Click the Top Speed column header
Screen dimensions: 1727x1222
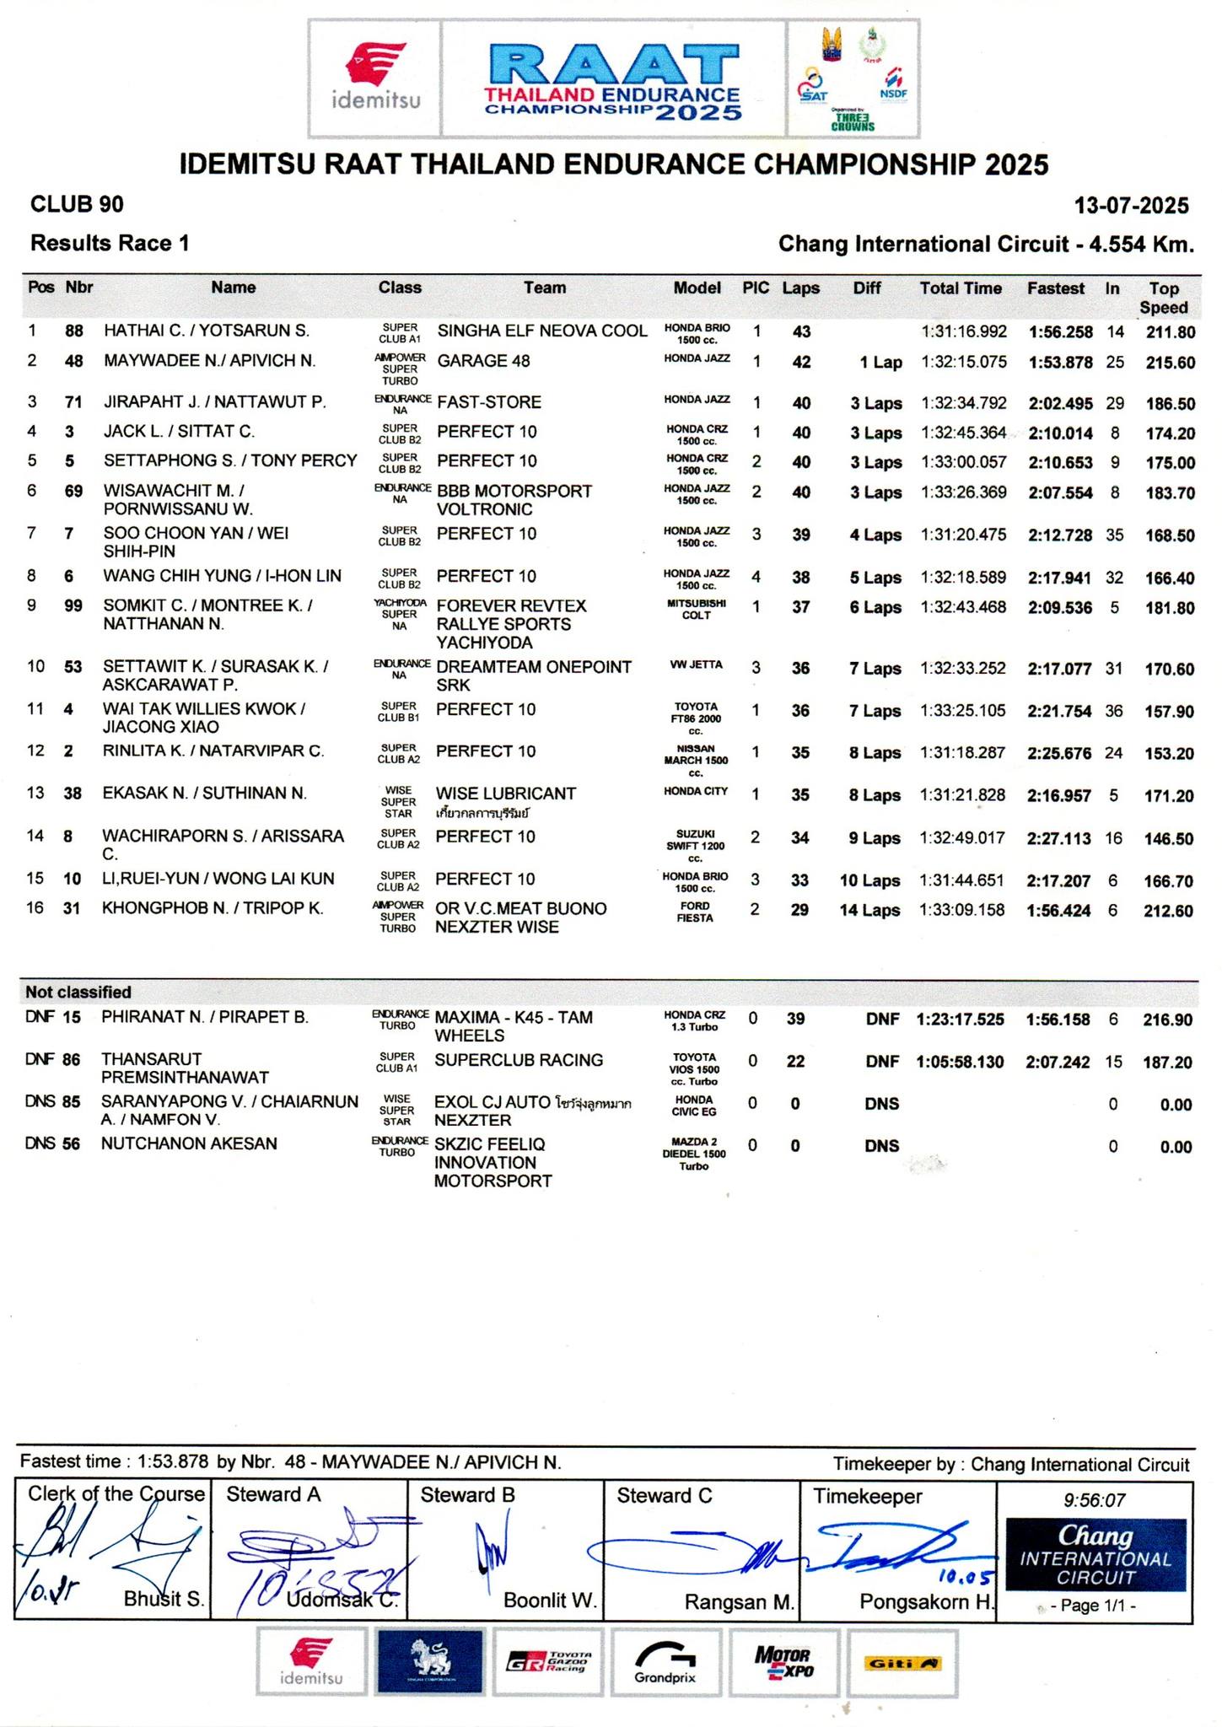(x=1163, y=298)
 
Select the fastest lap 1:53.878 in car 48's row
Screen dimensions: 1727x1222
(x=1060, y=363)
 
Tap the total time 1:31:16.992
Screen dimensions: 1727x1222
(x=963, y=332)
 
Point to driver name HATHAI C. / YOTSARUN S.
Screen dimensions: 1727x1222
(x=207, y=331)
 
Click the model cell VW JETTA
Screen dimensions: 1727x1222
(x=697, y=664)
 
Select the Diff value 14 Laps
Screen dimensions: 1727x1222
(x=869, y=911)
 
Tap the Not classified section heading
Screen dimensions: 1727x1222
(x=78, y=992)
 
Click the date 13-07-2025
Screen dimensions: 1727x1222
(x=1131, y=206)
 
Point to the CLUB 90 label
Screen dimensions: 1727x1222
(x=77, y=204)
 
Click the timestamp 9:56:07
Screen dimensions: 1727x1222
(x=1095, y=1500)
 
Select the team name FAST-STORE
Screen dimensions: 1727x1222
(x=489, y=402)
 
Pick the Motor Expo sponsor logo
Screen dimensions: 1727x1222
(x=783, y=1662)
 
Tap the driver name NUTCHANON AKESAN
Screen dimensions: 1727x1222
(x=189, y=1143)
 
